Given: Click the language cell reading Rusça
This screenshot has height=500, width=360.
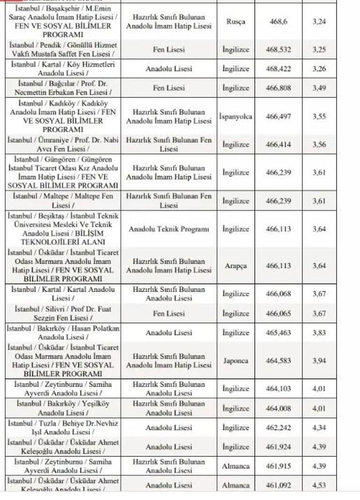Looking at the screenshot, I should coord(235,21).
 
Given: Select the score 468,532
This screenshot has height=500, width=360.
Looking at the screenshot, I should coord(278,49).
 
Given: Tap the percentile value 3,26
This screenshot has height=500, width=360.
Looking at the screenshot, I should coord(319,69).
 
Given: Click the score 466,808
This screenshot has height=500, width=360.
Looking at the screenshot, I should coord(278,88).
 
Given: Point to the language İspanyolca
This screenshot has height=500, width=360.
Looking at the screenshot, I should coord(236,116).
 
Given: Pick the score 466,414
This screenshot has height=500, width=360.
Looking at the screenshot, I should coord(278,144).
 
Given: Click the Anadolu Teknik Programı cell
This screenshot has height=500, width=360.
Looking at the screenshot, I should coord(169,229).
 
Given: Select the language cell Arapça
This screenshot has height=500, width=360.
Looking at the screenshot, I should coord(236,266).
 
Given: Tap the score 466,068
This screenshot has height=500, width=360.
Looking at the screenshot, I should coord(278,294).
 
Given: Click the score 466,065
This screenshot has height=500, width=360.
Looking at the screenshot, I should coord(278,314).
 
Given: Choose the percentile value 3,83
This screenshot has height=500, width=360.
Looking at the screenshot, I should coord(319,333).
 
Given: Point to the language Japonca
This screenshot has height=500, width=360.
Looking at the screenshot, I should coord(236,361).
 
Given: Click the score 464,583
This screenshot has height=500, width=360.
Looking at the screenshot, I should coord(278,361).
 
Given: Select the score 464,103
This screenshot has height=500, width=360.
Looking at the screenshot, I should coord(278,389).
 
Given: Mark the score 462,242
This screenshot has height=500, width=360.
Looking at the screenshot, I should coord(278,428).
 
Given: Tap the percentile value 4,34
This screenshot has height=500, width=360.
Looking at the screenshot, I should coord(319,428).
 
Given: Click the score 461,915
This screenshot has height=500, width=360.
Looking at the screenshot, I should coord(278,466).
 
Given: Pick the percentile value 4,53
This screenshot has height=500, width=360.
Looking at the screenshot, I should coord(319,486).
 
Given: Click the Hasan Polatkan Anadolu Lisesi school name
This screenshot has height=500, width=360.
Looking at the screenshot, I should coord(63,333).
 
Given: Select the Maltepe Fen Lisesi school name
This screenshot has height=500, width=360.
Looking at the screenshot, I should coord(63,201).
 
